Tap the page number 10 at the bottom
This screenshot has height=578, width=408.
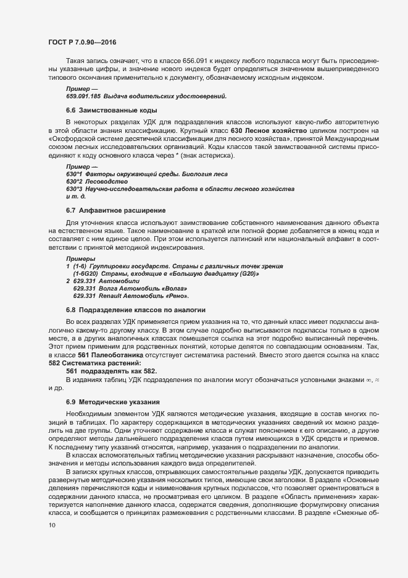click(x=52, y=543)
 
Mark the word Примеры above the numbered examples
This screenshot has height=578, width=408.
click(x=78, y=258)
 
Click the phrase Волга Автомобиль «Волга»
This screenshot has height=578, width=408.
click(x=144, y=289)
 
